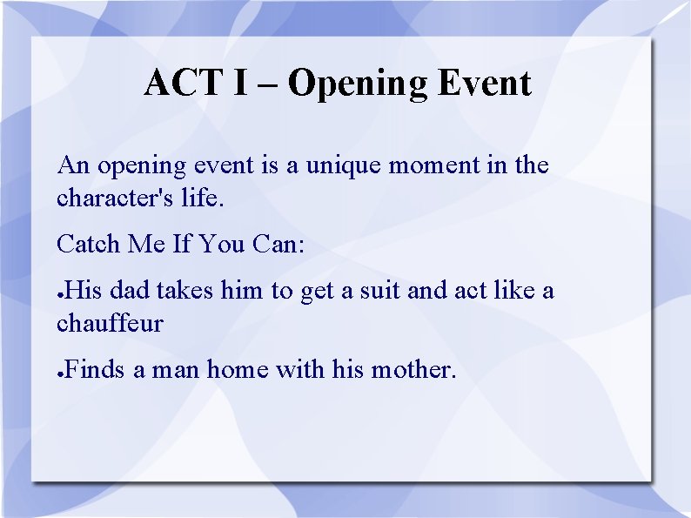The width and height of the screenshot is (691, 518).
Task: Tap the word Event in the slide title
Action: click(484, 84)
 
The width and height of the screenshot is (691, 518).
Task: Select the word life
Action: click(201, 198)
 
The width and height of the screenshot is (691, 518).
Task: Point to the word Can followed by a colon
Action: click(278, 244)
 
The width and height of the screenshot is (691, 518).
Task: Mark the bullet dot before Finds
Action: click(60, 373)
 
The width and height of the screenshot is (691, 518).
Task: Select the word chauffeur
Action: click(110, 323)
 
